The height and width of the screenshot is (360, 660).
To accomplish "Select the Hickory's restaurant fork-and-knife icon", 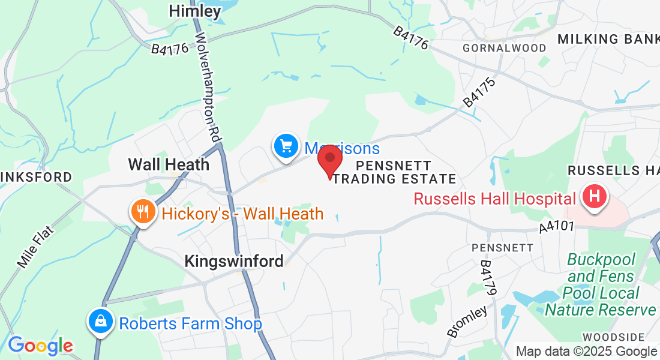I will [143, 213].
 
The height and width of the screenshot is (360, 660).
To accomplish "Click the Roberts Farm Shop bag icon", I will [101, 323].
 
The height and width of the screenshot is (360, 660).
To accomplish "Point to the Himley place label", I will [195, 11].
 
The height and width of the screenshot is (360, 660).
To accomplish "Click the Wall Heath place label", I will [169, 164].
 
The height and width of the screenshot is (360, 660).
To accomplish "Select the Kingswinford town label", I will [234, 262].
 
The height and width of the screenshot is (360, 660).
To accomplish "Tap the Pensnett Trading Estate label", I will [394, 172].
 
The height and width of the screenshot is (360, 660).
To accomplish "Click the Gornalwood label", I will [505, 48].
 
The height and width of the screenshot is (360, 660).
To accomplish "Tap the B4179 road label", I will [488, 278].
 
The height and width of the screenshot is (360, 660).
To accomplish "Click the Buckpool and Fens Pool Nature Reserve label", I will [601, 284].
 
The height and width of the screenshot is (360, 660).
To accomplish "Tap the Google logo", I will [40, 345].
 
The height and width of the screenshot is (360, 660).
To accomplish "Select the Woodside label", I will [613, 337].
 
